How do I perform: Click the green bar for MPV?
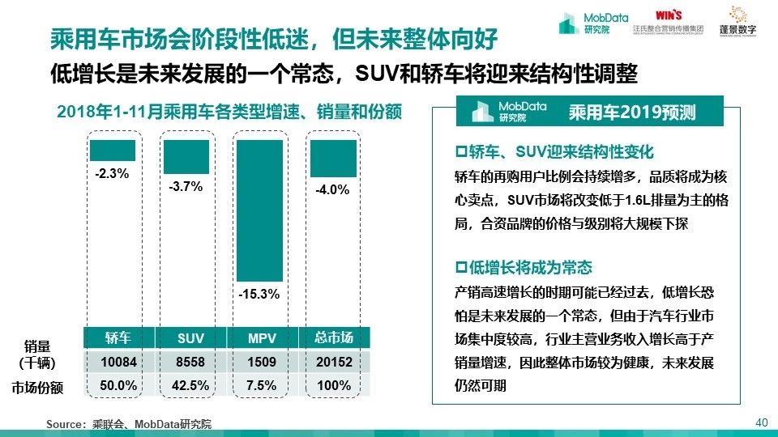[260, 209]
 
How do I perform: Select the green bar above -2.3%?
[113, 150]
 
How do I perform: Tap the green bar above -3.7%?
[186, 156]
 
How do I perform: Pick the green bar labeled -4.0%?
[333, 158]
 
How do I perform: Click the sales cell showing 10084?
[118, 362]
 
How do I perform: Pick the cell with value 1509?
[262, 362]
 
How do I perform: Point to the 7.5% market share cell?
[262, 386]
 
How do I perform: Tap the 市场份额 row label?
[37, 388]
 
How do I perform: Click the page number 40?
[760, 422]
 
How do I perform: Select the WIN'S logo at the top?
[669, 15]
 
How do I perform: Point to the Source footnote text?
[129, 424]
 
